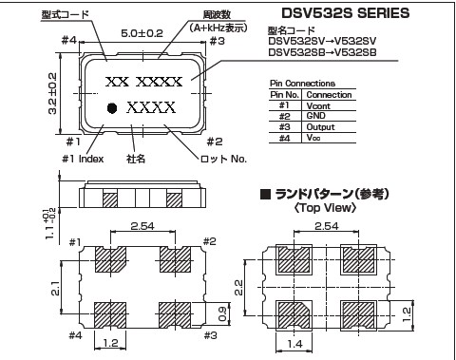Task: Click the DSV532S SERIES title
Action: pyautogui.click(x=346, y=13)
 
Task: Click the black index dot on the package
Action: pyautogui.click(x=112, y=108)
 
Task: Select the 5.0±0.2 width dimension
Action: pyautogui.click(x=142, y=33)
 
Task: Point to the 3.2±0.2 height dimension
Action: pyautogui.click(x=52, y=93)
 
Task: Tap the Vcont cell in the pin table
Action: pyautogui.click(x=318, y=105)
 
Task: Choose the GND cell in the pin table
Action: pyautogui.click(x=315, y=116)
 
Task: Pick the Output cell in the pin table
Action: pyautogui.click(x=320, y=127)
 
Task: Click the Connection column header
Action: pyautogui.click(x=329, y=95)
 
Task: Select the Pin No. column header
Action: pyautogui.click(x=284, y=95)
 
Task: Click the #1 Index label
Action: pyautogui.click(x=83, y=159)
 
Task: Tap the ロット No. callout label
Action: pyautogui.click(x=223, y=159)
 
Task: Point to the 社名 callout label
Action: pyautogui.click(x=136, y=159)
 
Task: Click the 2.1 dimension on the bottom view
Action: pyautogui.click(x=55, y=288)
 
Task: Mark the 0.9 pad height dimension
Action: pyautogui.click(x=222, y=313)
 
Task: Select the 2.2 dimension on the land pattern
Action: pyautogui.click(x=238, y=288)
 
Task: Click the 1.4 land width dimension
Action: pyautogui.click(x=294, y=344)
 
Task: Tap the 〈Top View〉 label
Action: pyautogui.click(x=325, y=208)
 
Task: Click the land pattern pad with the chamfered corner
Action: pyautogui.click(x=294, y=315)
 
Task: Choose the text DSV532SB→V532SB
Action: pyautogui.click(x=322, y=52)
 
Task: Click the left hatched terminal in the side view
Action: pyautogui.click(x=110, y=199)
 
